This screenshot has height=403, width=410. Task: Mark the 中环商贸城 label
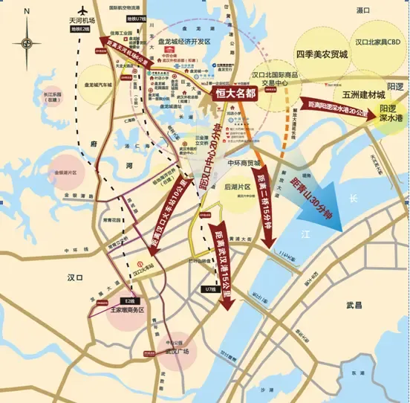(x=244, y=163)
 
